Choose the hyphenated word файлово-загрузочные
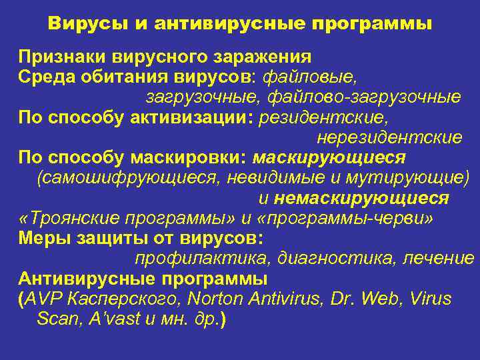point(364,97)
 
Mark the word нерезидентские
point(389,138)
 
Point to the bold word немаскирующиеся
point(361,199)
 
